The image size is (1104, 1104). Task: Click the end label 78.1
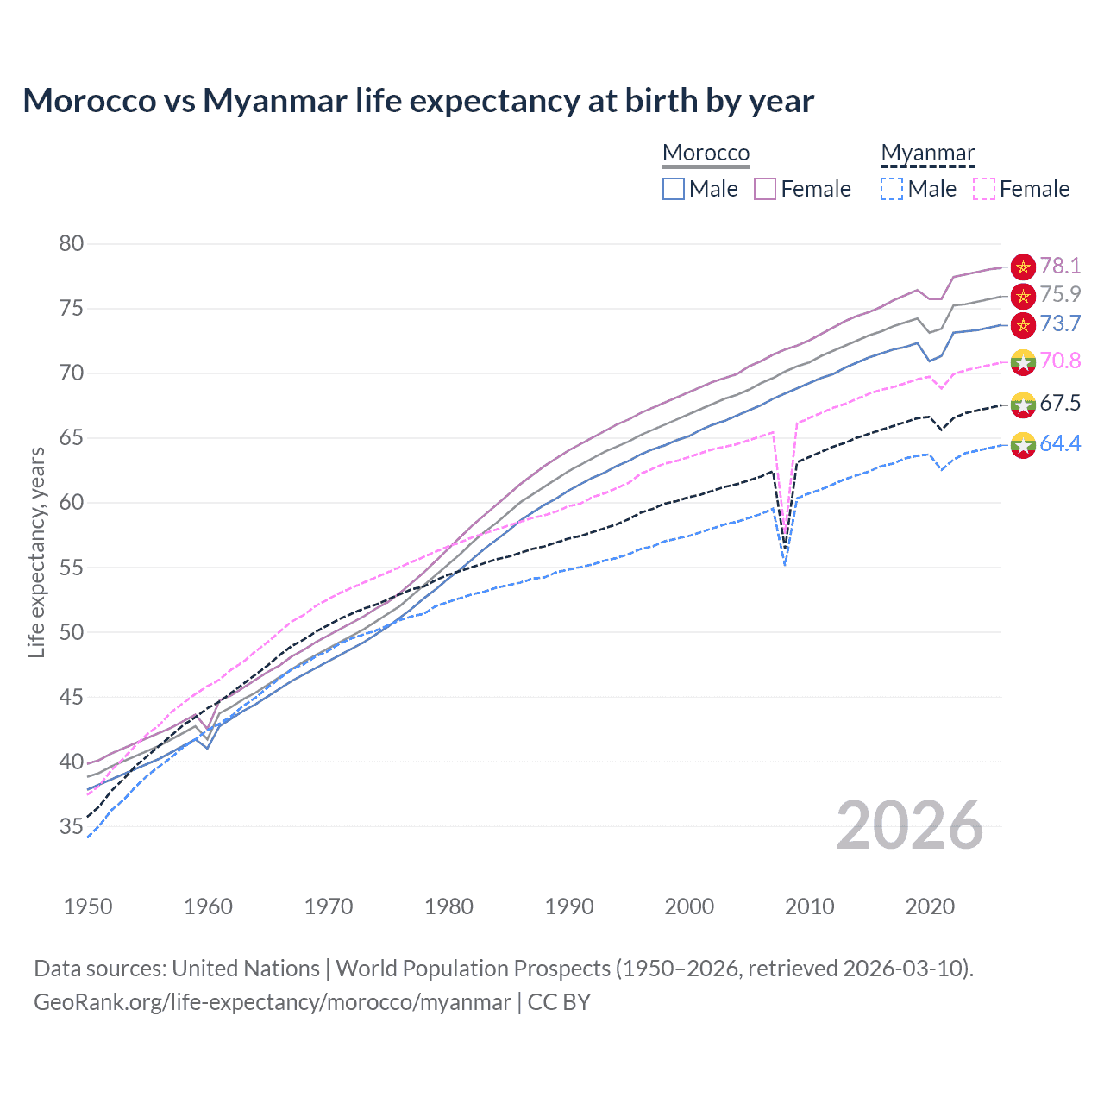[x=1059, y=266]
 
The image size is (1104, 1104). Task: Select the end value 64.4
[x=1059, y=443]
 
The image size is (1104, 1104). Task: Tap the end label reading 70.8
[x=1059, y=361]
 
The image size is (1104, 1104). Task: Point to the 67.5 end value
[x=1059, y=403]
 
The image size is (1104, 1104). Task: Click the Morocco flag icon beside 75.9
[x=1023, y=296]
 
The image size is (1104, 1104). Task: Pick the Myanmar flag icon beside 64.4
[x=1023, y=445]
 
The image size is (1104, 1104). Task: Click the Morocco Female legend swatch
[x=765, y=189]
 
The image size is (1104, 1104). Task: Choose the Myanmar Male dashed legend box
[x=892, y=189]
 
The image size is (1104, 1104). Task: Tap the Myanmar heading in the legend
[x=927, y=153]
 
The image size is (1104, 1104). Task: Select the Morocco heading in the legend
[x=706, y=153]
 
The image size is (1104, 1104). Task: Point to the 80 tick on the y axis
[x=72, y=244]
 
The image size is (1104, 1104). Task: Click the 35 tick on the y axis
[x=72, y=827]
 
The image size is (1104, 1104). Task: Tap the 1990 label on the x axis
[x=569, y=906]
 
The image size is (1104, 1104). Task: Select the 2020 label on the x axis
[x=930, y=906]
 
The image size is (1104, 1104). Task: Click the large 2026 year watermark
[x=909, y=825]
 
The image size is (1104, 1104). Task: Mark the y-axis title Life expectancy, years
[x=36, y=552]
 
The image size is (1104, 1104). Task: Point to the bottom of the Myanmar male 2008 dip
[x=785, y=565]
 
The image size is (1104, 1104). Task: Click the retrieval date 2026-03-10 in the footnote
[x=904, y=969]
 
